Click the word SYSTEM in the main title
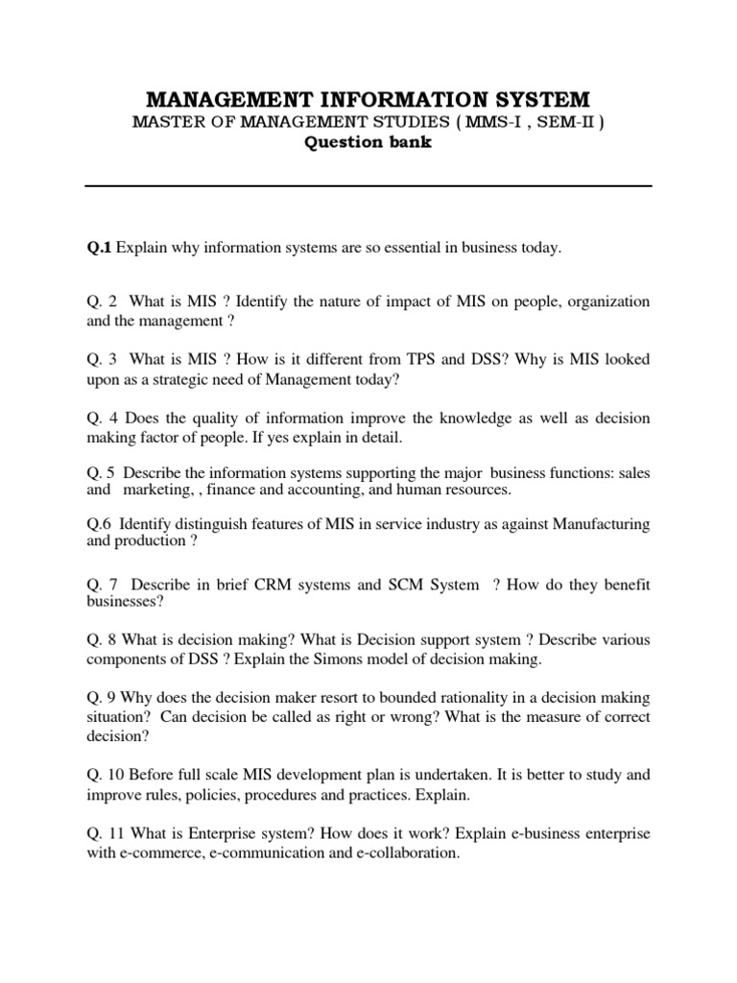click(537, 99)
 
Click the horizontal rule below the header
click(368, 186)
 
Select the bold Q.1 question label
click(99, 249)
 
